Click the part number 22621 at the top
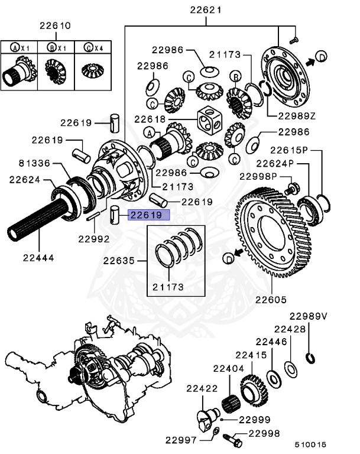206,10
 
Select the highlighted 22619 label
145,216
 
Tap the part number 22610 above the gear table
55,26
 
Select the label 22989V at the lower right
308,317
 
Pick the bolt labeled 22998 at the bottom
231,441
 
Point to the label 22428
289,329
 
